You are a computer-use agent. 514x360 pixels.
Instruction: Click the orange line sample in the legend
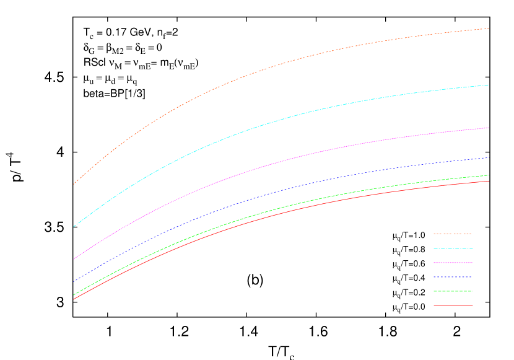[453, 234]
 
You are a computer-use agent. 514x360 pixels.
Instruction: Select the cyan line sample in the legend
[453, 248]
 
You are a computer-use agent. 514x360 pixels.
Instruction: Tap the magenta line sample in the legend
[453, 263]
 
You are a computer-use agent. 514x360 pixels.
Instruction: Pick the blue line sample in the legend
[453, 277]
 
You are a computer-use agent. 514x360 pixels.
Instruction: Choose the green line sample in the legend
[453, 291]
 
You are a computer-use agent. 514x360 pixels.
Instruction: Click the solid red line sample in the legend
[453, 305]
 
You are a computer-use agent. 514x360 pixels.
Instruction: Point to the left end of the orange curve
[74, 184]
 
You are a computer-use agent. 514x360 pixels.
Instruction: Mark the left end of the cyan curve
[74, 227]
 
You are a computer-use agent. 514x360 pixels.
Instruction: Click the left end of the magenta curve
[74, 259]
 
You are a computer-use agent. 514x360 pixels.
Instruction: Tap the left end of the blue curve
[74, 282]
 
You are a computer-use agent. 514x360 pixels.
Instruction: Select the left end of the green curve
[74, 295]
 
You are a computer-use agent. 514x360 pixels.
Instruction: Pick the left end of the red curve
[74, 299]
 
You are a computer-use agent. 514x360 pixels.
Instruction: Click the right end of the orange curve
[489, 29]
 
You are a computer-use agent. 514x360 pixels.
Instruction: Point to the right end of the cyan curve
[489, 85]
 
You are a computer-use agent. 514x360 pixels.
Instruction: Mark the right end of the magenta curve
[489, 128]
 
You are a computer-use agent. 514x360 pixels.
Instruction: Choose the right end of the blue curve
[489, 157]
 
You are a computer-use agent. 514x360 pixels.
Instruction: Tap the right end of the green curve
[489, 175]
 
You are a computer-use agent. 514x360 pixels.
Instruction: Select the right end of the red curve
[489, 181]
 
